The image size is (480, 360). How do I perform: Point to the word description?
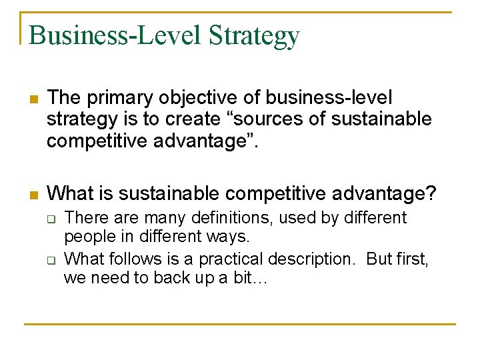point(311,258)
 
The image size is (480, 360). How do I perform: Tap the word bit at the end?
point(253,278)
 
